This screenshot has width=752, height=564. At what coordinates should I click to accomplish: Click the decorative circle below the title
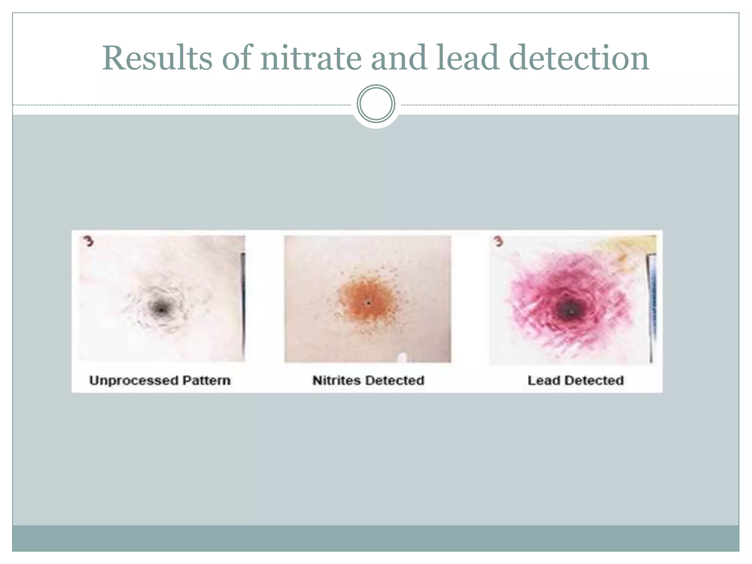pos(376,104)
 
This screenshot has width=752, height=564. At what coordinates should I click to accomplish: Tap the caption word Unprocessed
pos(134,380)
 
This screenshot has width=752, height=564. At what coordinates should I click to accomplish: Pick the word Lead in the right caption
pos(544,380)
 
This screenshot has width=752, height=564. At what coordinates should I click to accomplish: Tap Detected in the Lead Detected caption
pos(594,380)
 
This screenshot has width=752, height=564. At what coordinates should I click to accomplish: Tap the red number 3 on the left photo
pos(88,242)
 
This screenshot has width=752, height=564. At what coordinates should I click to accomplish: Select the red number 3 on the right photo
pos(498,242)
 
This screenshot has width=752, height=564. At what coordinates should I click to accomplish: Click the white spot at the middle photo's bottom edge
pos(403,357)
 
